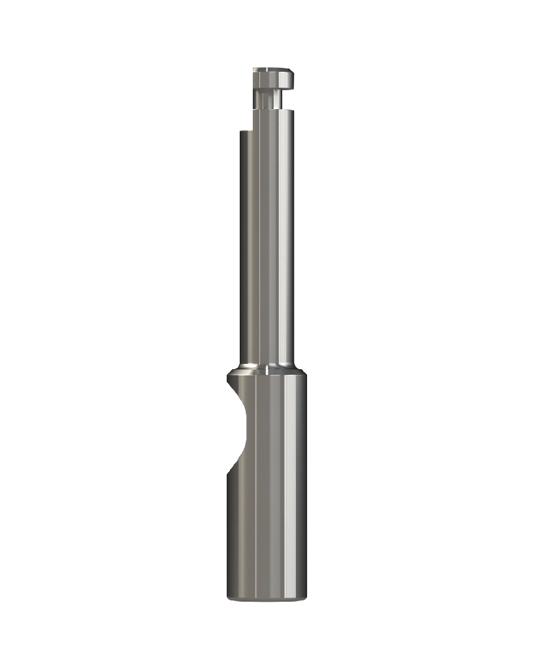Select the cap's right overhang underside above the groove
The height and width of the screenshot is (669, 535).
tap(287, 89)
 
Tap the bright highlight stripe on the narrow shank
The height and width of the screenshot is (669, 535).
tap(279, 248)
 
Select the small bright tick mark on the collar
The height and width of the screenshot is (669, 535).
tap(267, 372)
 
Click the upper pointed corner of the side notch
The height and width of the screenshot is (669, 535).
tap(230, 383)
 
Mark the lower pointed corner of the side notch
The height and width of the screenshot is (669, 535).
tap(228, 476)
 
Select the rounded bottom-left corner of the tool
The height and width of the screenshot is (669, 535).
tap(229, 597)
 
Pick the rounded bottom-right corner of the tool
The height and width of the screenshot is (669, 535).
tap(304, 597)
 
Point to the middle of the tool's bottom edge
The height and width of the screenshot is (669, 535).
tap(267, 602)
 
